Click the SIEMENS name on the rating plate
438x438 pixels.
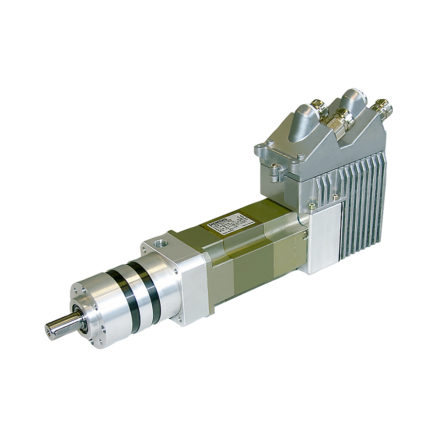(x=215, y=223)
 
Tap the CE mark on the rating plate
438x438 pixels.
(x=239, y=213)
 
